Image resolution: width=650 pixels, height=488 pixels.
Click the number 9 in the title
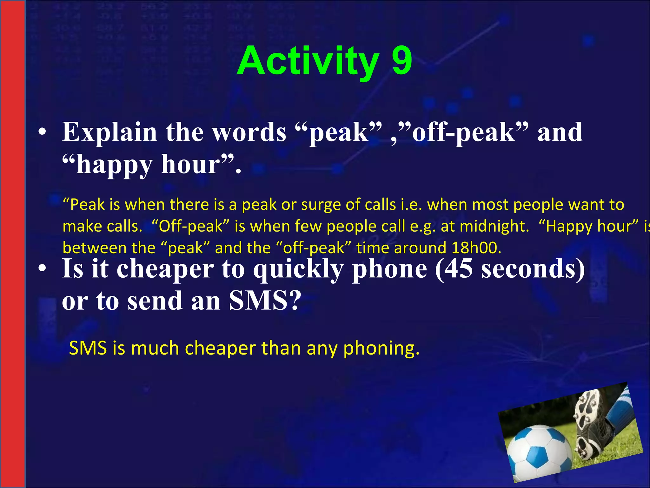402,61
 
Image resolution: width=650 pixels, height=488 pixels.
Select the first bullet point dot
42,133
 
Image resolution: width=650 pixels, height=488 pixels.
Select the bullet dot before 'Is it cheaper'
42,269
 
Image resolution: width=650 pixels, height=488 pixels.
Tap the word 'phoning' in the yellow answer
381,349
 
